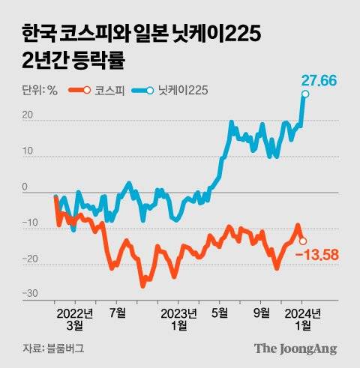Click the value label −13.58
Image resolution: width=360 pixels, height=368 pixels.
pyautogui.click(x=316, y=256)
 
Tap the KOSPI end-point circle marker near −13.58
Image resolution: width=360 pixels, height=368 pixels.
pyautogui.click(x=302, y=241)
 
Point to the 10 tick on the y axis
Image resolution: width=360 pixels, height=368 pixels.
pyautogui.click(x=28, y=151)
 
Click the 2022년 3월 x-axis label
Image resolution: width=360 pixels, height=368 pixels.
pyautogui.click(x=73, y=319)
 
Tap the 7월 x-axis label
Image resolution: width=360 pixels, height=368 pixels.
pyautogui.click(x=118, y=313)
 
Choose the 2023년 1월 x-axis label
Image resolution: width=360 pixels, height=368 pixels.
pyautogui.click(x=179, y=319)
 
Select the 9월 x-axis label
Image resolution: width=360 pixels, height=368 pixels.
pyautogui.click(x=262, y=313)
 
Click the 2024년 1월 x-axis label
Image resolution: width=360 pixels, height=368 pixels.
pyautogui.click(x=304, y=319)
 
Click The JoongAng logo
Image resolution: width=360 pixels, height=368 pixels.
pyautogui.click(x=295, y=348)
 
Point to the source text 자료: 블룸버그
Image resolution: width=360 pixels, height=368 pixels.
pyautogui.click(x=52, y=349)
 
